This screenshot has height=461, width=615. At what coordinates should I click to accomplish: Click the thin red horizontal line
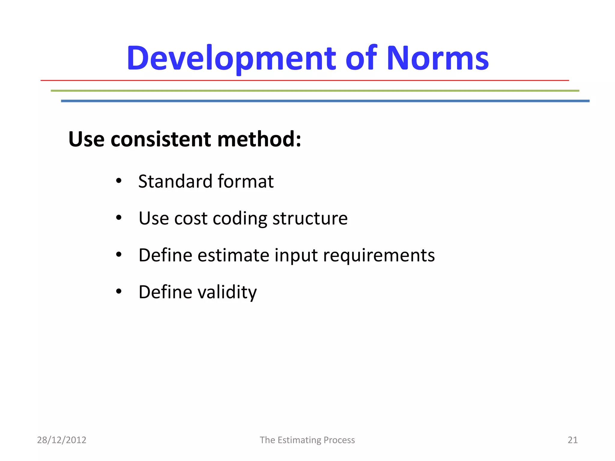coord(304,80)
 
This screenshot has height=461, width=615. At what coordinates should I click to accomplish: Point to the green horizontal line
coord(315,91)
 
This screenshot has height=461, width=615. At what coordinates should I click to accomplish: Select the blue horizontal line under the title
coord(325,101)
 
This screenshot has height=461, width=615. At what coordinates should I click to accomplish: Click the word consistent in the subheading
coord(161,140)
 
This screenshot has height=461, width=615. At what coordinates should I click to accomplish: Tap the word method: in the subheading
coord(259,140)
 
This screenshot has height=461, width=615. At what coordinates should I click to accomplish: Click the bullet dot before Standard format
coord(119,181)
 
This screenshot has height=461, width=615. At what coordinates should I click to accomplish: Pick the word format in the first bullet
coord(245,182)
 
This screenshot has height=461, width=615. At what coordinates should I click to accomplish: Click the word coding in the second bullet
coord(240,219)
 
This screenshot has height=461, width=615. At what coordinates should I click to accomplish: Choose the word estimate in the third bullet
coord(233,255)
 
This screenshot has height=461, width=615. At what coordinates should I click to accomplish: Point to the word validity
coord(227,292)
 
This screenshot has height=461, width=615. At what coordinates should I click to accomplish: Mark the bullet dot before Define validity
coord(119,291)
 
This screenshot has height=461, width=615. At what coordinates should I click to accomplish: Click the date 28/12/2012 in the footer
coord(62,440)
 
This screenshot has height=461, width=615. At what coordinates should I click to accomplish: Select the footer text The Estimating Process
coord(307,440)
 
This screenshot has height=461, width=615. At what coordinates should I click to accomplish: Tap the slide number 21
coord(572,440)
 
